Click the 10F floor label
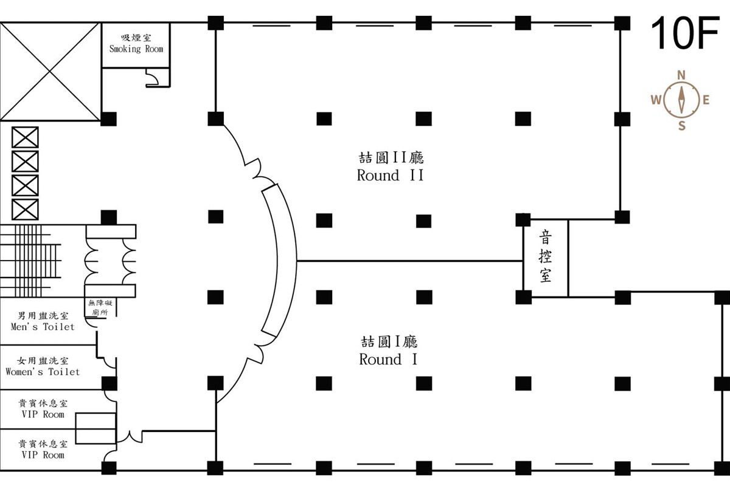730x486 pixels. [685, 33]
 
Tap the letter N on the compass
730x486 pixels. [681, 75]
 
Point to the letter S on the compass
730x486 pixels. [681, 126]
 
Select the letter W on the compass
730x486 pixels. [656, 100]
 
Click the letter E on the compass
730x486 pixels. [706, 100]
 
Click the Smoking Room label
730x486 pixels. [136, 49]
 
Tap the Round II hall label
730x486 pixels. [390, 176]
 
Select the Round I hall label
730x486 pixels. [388, 360]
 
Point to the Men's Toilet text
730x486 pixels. [43, 326]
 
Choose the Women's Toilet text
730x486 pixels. [43, 372]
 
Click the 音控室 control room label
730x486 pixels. [546, 256]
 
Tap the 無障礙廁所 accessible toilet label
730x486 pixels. [100, 307]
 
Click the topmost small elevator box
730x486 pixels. [25, 137]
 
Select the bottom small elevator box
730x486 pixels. [25, 210]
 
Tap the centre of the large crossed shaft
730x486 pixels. [50, 71]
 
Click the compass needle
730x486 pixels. [681, 100]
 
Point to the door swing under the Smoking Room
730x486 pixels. [152, 78]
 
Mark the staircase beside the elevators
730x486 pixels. [30, 261]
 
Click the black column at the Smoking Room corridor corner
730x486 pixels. [108, 119]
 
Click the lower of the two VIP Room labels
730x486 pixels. [43, 449]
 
